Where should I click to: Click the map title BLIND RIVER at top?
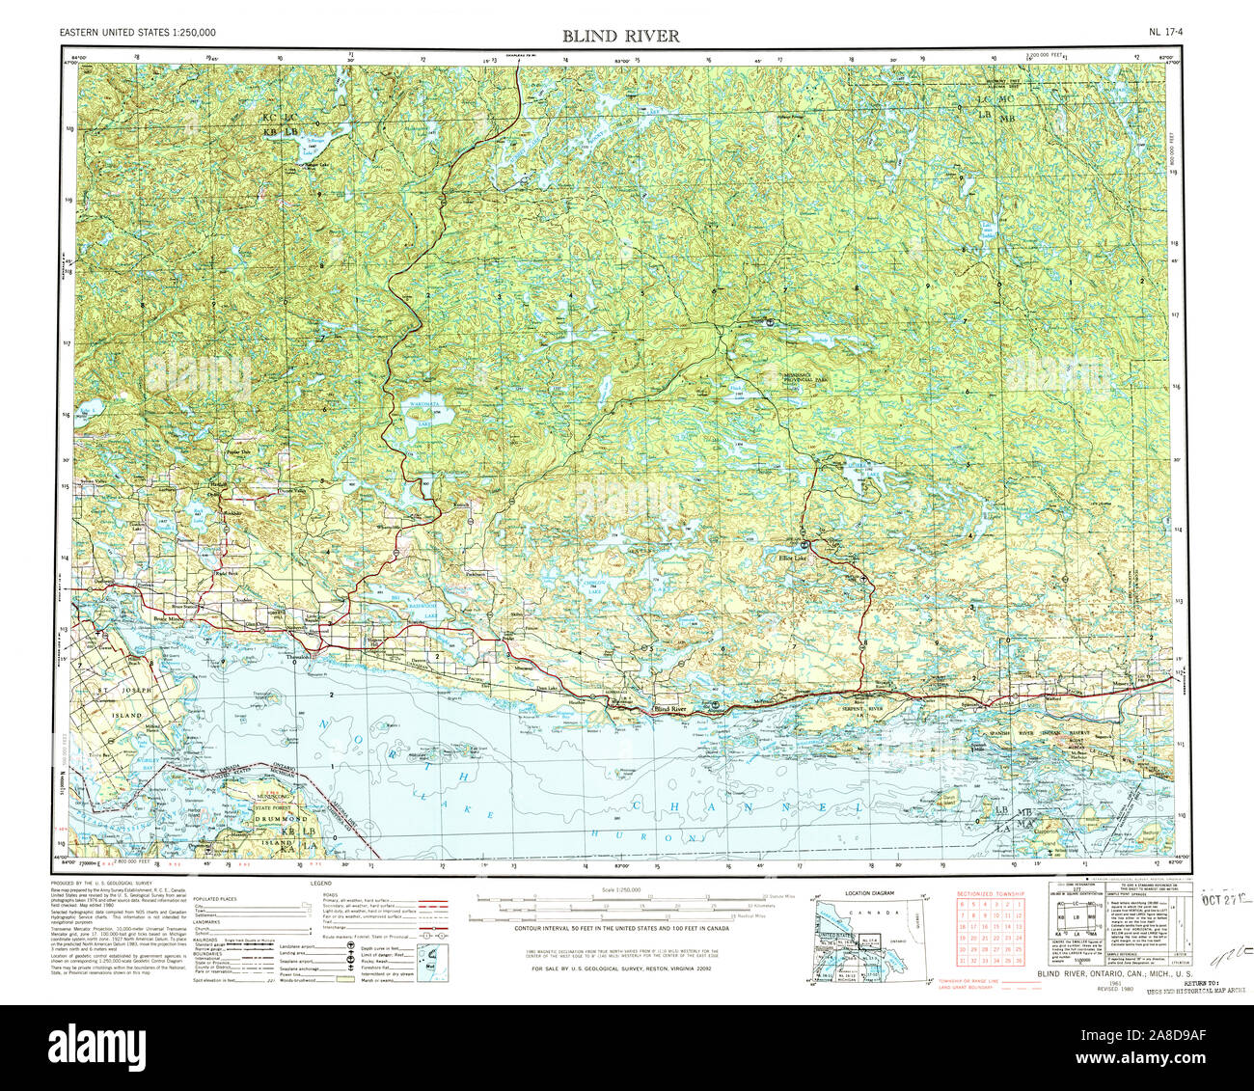[x=621, y=37]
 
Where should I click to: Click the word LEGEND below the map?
[x=320, y=883]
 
